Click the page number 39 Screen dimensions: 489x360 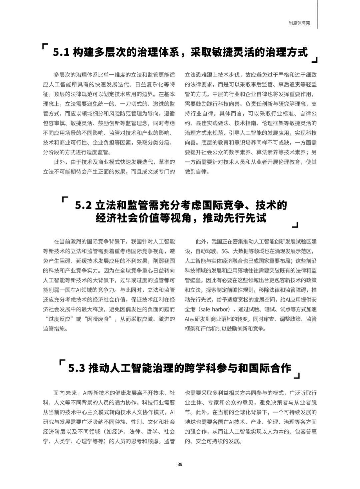tap(180, 464)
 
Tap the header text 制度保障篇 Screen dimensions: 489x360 tap(299, 23)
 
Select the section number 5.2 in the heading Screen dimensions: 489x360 tap(83, 205)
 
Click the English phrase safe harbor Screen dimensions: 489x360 tap(216, 309)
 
